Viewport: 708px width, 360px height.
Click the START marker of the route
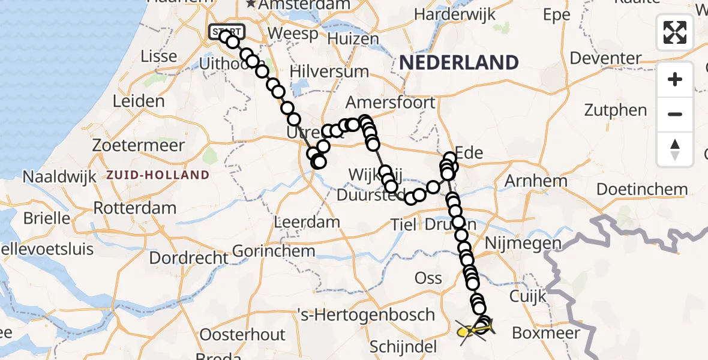coord(226,31)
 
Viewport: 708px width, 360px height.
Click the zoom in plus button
coord(675,79)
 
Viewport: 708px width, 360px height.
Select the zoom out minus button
coord(675,114)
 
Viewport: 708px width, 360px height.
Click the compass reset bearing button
coord(675,149)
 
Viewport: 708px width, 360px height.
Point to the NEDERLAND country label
coord(459,62)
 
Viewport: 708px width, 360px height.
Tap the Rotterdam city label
coord(134,209)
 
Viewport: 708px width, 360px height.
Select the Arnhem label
coord(536,181)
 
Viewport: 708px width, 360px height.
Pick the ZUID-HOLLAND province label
coord(158,175)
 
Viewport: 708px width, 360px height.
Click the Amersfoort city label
coord(390,102)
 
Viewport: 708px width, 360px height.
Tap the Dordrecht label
coord(189,258)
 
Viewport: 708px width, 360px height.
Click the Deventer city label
coord(606,58)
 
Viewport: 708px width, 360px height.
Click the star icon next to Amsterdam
coord(251,5)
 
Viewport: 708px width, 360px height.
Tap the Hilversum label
coord(329,71)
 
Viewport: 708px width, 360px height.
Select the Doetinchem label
coord(643,190)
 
